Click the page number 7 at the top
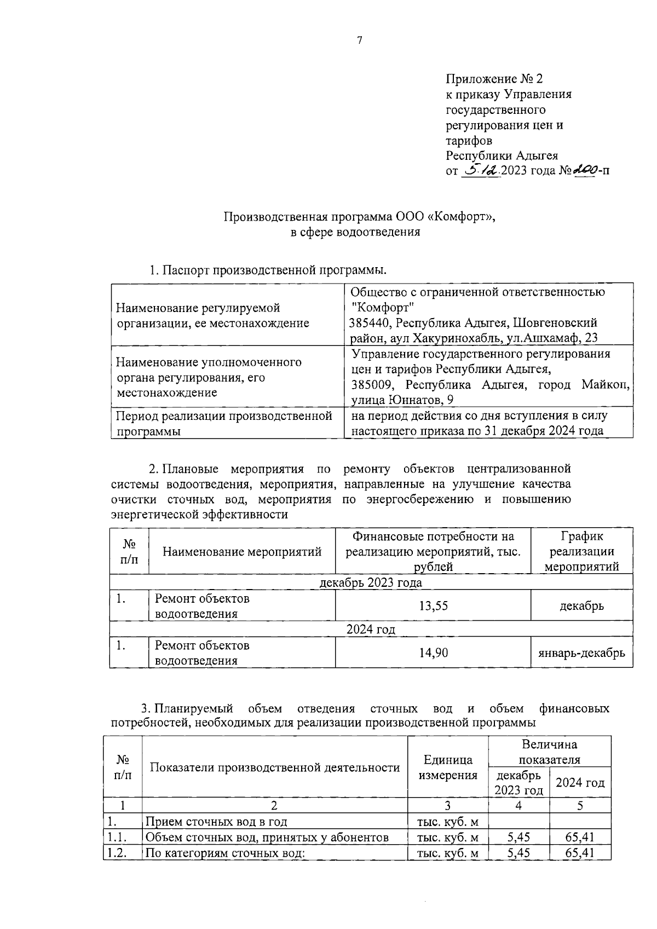360,40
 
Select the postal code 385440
371,322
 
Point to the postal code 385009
371,384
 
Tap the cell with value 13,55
433,605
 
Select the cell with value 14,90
433,652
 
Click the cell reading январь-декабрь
581,653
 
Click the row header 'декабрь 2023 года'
371,582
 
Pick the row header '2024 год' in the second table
371,629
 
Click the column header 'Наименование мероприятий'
242,551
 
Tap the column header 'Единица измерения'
448,767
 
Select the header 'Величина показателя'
549,752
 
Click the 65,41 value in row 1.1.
580,837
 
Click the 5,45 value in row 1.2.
518,852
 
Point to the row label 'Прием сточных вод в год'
216,821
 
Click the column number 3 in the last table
447,805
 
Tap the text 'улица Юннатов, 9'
402,400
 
